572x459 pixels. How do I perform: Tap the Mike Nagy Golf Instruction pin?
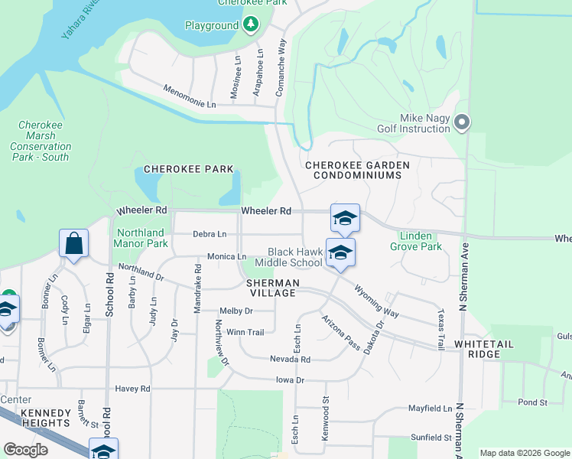(x=461, y=122)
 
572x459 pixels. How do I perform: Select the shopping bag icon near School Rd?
(x=73, y=244)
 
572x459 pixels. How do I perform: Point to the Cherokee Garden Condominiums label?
(x=357, y=170)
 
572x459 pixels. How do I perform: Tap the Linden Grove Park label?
(x=416, y=241)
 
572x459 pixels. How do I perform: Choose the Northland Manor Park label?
(x=141, y=238)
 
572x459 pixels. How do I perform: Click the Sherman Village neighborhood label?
(x=271, y=288)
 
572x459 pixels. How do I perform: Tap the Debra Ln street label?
(x=210, y=234)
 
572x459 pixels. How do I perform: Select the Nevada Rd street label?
(x=290, y=359)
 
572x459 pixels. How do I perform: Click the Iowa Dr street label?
(x=290, y=380)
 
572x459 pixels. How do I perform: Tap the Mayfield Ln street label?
(x=430, y=409)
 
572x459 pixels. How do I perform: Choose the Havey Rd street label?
(x=133, y=389)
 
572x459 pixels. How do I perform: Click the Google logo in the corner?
(x=25, y=450)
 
